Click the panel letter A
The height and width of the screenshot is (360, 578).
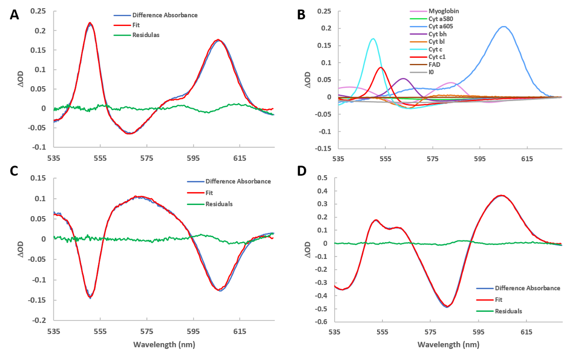[15, 14]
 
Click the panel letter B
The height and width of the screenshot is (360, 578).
[301, 14]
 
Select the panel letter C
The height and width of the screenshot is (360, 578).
[15, 172]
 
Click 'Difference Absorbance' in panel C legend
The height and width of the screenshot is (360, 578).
[238, 181]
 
